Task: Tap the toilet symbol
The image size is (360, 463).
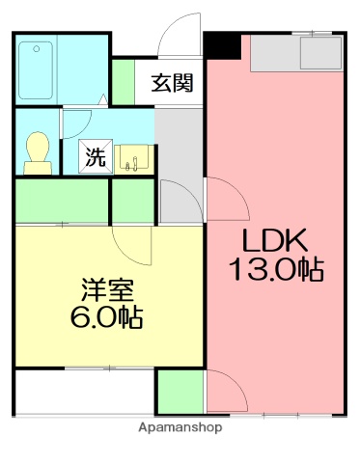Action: (39, 151)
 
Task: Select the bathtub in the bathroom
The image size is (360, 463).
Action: (36, 65)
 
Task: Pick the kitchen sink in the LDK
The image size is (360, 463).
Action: (319, 52)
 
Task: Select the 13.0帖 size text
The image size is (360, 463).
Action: (275, 269)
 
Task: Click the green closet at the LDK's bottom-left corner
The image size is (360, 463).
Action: (180, 392)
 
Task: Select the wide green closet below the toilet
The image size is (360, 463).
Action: (62, 200)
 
